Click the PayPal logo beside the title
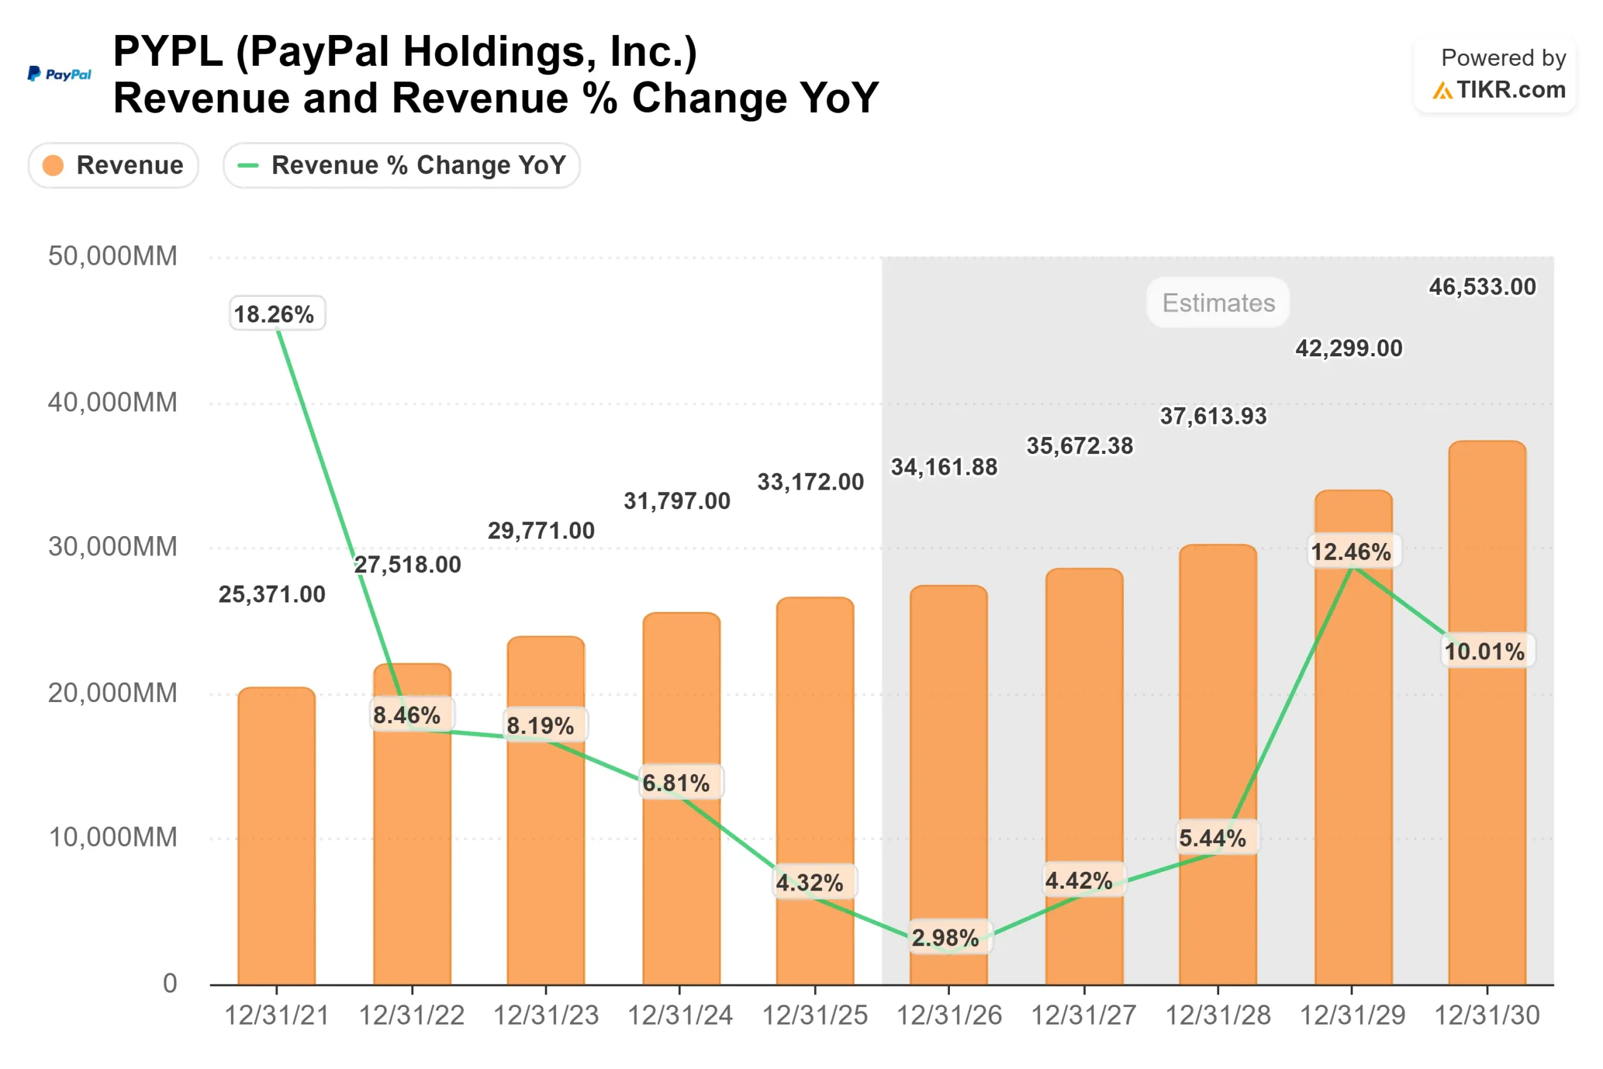[x=59, y=75]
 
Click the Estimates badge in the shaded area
[x=1218, y=302]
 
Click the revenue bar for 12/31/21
[x=277, y=839]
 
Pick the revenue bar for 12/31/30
[x=1487, y=716]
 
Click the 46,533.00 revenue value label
[x=1482, y=287]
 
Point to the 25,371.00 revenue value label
[x=272, y=594]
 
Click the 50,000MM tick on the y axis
[x=113, y=256]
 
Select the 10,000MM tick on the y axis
[x=113, y=837]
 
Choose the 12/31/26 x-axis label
[x=949, y=1016]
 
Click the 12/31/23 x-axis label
[x=546, y=1016]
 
